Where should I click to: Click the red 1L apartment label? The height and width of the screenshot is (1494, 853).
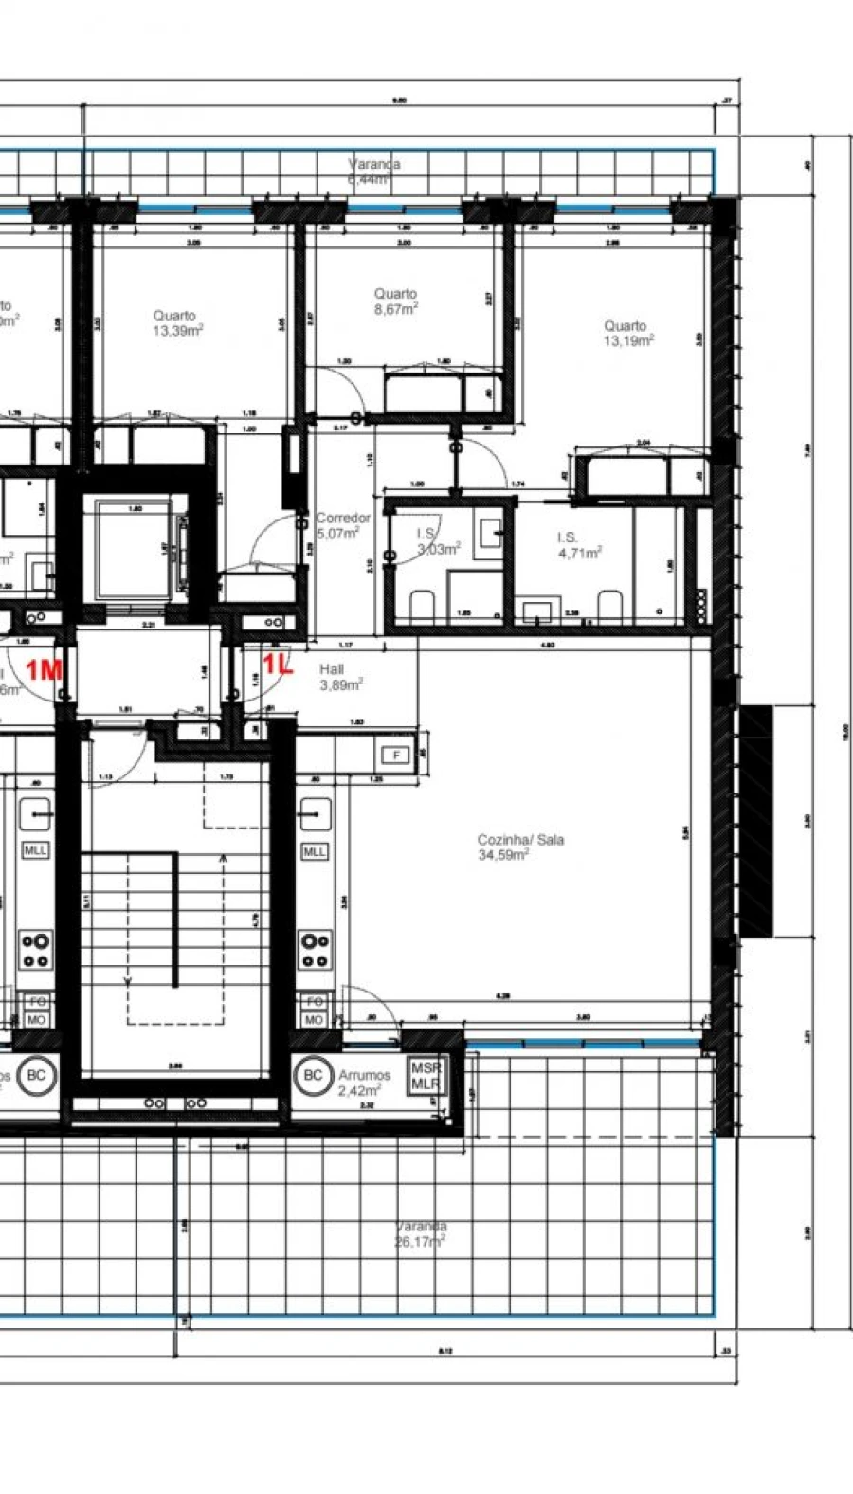point(278,665)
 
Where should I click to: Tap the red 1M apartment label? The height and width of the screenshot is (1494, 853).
point(44,670)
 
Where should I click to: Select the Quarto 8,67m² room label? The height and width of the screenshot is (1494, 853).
point(396,301)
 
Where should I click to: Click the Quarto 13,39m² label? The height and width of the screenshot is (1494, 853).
point(177,323)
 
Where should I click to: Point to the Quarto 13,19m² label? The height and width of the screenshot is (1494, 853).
point(627,333)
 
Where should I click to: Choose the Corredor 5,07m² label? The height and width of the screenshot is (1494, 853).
point(342,525)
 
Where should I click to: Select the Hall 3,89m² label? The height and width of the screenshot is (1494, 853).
point(341,676)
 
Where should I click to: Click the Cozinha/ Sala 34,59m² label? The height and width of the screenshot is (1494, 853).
point(519,847)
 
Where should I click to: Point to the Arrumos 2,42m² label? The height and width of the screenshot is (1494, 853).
point(364,1083)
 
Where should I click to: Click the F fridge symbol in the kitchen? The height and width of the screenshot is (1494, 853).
point(394,756)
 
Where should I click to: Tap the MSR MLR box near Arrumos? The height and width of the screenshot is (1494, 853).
point(426,1076)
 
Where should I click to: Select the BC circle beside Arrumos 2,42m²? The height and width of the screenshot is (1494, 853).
point(312,1075)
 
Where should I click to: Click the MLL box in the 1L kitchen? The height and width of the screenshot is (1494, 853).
point(314,851)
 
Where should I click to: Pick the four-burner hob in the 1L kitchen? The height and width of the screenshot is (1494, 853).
point(316,950)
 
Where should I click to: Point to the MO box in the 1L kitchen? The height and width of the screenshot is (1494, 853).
point(314,1020)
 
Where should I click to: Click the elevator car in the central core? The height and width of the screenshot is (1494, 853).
point(133,550)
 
